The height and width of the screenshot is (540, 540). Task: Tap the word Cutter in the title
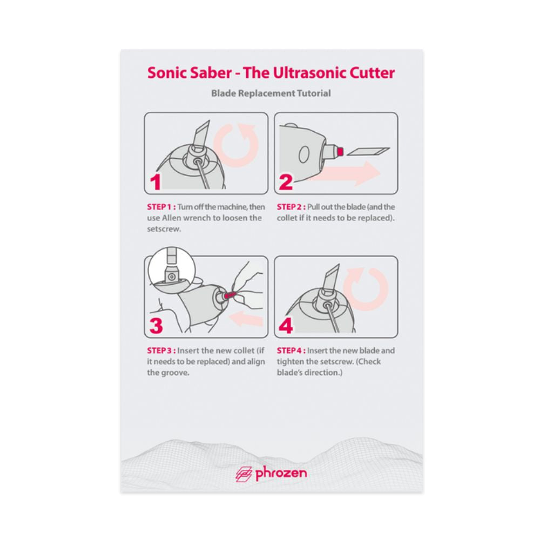pos(372,73)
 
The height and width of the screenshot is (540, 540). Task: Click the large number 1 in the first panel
pos(156,182)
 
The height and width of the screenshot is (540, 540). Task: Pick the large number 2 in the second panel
pos(286,182)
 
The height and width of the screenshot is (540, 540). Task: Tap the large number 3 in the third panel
pos(156,326)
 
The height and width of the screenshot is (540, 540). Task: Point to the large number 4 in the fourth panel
pos(286,326)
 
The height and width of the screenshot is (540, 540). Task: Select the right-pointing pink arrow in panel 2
pos(348,173)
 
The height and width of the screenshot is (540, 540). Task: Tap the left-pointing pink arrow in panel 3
pos(246,319)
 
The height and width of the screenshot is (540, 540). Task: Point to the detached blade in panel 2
pos(368,151)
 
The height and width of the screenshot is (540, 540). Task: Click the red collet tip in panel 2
pos(341,151)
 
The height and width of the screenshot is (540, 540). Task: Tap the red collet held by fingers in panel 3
pos(230,295)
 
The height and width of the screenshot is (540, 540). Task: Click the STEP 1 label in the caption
pos(161,207)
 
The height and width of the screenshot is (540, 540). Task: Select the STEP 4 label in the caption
pos(291,350)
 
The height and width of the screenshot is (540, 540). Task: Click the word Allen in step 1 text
pos(171,218)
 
